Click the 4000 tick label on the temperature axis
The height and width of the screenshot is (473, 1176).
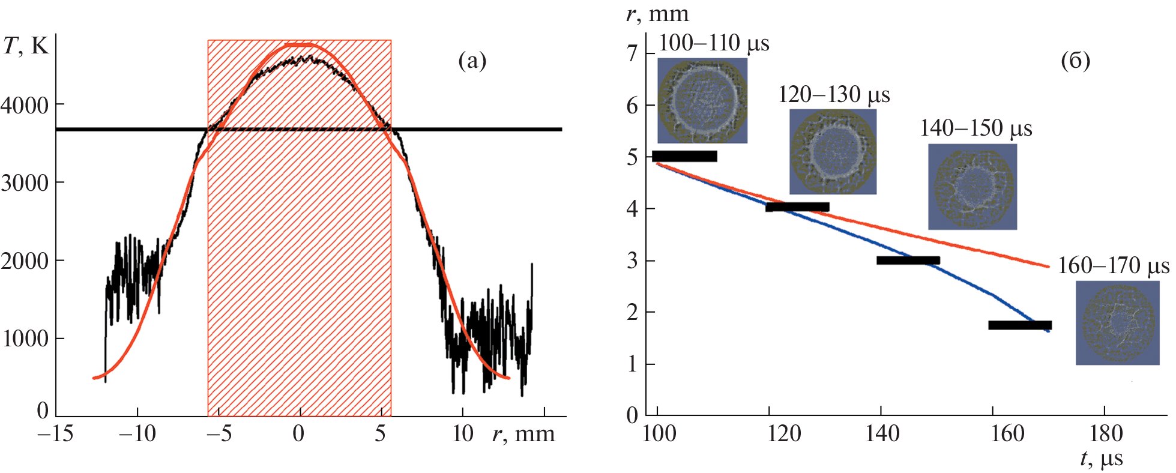(25, 106)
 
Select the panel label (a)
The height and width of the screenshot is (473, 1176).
(472, 61)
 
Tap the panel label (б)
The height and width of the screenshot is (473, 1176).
(1076, 61)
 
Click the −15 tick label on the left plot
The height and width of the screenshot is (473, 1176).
(55, 433)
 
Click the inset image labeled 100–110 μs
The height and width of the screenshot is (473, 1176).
(702, 100)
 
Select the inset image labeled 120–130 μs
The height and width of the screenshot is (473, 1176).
(833, 151)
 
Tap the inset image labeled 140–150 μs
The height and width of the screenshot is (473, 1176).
(972, 187)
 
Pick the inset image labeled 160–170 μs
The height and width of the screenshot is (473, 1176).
(1118, 323)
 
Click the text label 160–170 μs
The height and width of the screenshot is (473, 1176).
(1114, 266)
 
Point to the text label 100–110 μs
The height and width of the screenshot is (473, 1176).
(714, 43)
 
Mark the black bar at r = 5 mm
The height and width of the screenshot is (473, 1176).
(684, 156)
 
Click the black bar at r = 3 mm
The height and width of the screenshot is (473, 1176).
(908, 261)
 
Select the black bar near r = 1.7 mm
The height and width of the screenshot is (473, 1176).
(1020, 325)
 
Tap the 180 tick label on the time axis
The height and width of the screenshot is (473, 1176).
(1105, 433)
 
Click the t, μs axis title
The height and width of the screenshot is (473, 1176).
(1102, 460)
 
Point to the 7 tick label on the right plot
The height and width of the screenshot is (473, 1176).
(632, 54)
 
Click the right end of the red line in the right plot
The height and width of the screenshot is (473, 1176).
(1048, 266)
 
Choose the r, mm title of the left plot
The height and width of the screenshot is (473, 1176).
(523, 433)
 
